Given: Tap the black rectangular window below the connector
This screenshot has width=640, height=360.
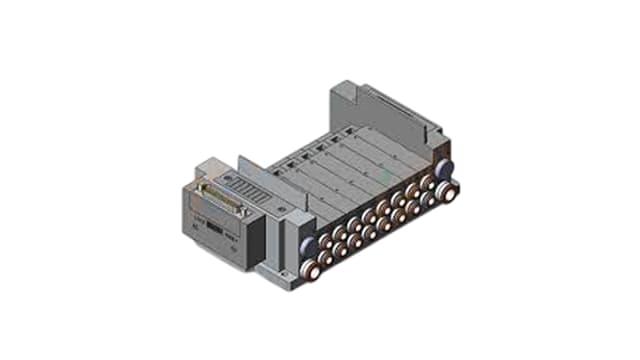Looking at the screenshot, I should [213, 228].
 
